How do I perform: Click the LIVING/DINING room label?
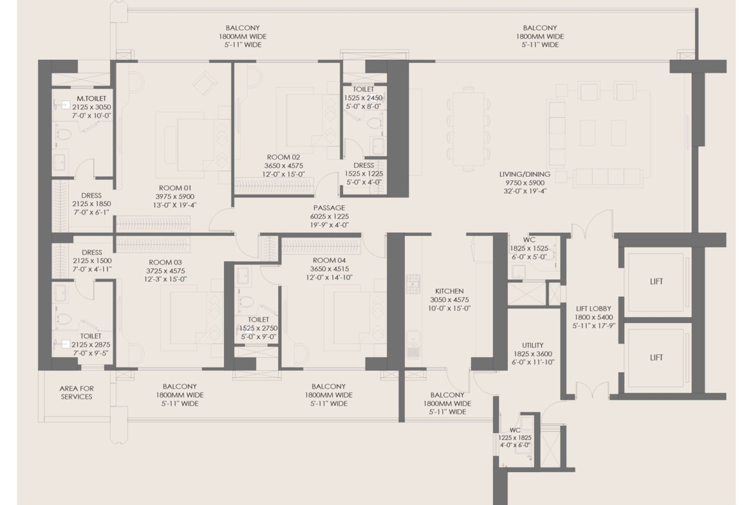[x=525, y=174]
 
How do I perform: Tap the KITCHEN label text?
[x=449, y=291]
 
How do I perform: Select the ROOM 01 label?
[x=175, y=188]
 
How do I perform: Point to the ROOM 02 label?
[x=283, y=157]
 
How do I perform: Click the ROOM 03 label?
[x=165, y=262]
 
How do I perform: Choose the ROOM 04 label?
[x=329, y=260]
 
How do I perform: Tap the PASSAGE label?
[x=329, y=208]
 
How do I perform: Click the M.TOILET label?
[x=91, y=98]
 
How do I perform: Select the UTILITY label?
[x=533, y=345]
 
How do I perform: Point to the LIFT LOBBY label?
[x=593, y=309]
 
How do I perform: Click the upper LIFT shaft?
[x=656, y=282]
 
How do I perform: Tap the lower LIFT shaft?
[x=656, y=358]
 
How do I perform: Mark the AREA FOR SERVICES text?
[x=77, y=392]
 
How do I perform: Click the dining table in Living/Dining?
[x=469, y=129]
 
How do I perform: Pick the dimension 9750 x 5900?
[x=525, y=183]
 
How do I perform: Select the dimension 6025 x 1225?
[x=329, y=217]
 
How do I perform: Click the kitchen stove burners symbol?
[x=413, y=284]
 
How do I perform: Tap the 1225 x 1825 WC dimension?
[x=514, y=438]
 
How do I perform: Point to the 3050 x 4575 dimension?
[x=449, y=300]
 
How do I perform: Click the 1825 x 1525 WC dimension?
[x=529, y=248]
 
